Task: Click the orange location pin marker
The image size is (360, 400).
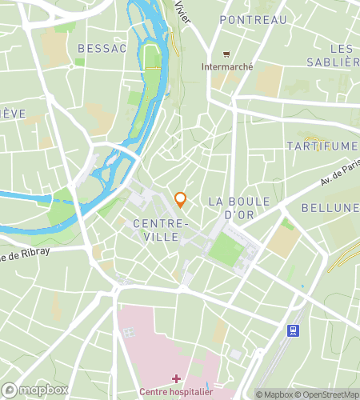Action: point(180,198)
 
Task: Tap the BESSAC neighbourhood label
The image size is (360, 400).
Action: point(102,49)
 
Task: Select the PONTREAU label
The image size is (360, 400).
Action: point(253,20)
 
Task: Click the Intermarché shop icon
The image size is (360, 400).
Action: point(227,54)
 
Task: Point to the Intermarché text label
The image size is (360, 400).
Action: point(227,67)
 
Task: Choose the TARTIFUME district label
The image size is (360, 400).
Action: point(322,146)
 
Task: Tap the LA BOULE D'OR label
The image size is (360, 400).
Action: point(238,207)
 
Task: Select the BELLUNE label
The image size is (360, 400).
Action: point(330,208)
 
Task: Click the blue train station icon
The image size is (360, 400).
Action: point(294,330)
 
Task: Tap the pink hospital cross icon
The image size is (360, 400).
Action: point(175,377)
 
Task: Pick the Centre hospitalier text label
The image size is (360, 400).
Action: point(175,391)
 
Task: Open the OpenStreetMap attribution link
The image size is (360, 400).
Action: point(328,394)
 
